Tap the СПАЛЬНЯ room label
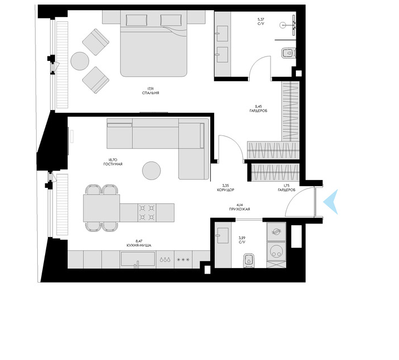coord(150,93)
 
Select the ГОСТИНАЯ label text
coord(113,164)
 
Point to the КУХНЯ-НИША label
coord(139,245)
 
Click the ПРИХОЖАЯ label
coord(239,209)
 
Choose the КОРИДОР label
coord(225,190)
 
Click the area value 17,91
coord(150,89)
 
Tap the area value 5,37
coord(261,19)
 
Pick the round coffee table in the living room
coord(152,171)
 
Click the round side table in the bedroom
coord(79,61)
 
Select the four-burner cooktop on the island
coord(147,213)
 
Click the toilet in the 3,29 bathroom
coord(249,260)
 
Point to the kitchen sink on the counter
coord(138,260)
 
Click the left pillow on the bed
coord(136,20)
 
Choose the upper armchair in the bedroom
coord(96,42)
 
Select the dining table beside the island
coord(101,208)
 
